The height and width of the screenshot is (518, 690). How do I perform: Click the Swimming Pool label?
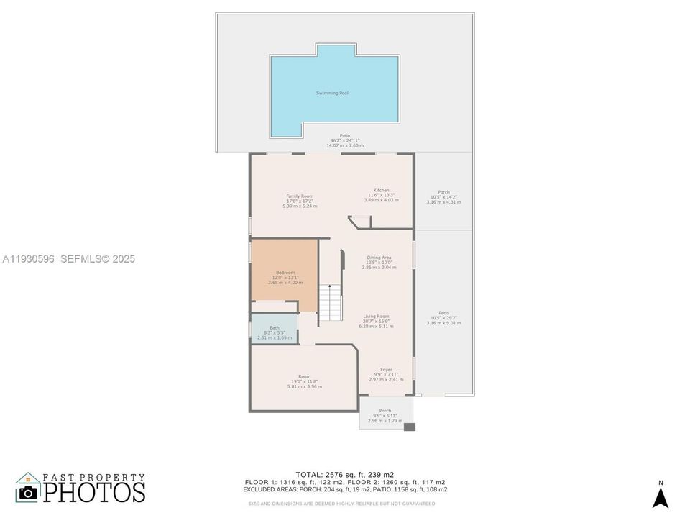click(x=333, y=93)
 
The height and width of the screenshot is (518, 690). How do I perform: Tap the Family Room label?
click(x=300, y=201)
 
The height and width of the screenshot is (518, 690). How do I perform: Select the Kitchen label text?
click(x=381, y=195)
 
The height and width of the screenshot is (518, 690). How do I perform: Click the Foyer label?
click(x=386, y=374)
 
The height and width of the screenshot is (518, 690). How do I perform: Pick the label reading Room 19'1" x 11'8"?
click(x=305, y=381)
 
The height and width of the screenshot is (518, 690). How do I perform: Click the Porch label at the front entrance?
click(x=385, y=415)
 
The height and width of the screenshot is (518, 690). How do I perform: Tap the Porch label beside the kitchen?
click(x=443, y=197)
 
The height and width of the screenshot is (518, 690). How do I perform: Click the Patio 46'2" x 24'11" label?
click(x=345, y=140)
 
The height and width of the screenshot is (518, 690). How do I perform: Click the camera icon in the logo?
click(x=28, y=491)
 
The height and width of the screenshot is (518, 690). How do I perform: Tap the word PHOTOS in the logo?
click(x=93, y=492)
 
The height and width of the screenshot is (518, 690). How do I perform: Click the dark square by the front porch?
click(x=409, y=427)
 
